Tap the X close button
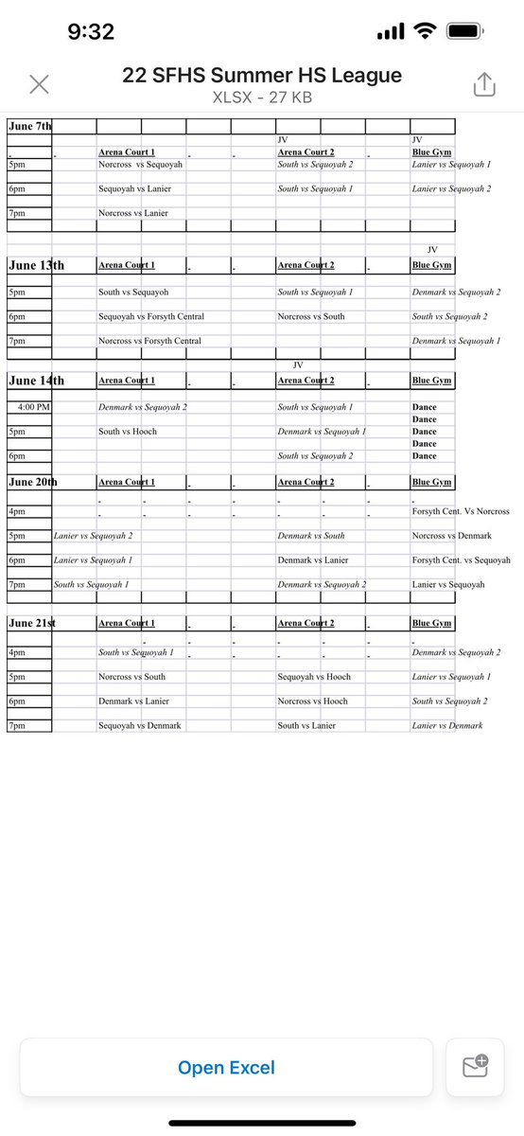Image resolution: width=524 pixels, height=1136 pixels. pyautogui.click(x=39, y=84)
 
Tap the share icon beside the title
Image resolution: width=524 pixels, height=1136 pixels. pyautogui.click(x=483, y=84)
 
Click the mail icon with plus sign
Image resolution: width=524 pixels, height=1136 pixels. pyautogui.click(x=475, y=1068)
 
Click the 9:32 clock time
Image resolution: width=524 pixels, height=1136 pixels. pyautogui.click(x=91, y=32)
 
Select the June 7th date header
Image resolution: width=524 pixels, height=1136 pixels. pyautogui.click(x=30, y=126)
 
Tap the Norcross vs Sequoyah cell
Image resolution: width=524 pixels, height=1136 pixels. pyautogui.click(x=140, y=165)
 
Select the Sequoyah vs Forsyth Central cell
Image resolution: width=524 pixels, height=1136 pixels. pyautogui.click(x=151, y=316)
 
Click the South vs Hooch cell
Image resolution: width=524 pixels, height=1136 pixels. pyautogui.click(x=128, y=431)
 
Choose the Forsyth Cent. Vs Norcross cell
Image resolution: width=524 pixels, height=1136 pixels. pyautogui.click(x=461, y=511)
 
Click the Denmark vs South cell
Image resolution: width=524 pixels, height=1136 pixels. pyautogui.click(x=310, y=536)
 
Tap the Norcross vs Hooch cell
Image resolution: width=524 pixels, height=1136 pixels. pyautogui.click(x=312, y=701)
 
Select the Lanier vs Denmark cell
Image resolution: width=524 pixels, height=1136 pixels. pyautogui.click(x=446, y=725)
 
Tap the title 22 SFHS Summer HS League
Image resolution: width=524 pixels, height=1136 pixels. pyautogui.click(x=262, y=76)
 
